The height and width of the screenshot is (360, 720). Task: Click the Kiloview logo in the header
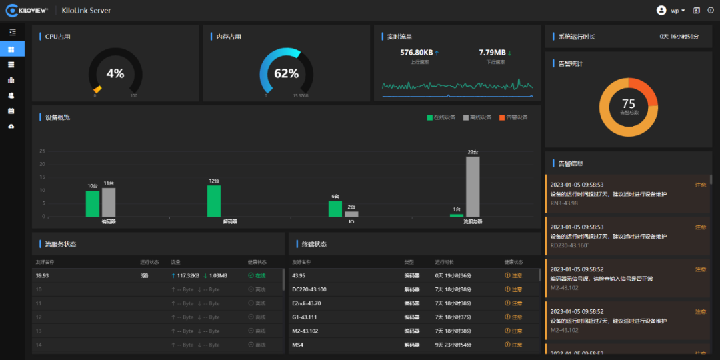[x=30, y=10]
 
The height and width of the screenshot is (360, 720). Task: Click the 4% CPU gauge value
[x=115, y=73]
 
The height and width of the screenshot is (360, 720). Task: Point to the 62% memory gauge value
[x=286, y=73]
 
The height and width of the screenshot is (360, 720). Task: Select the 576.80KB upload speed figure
[x=416, y=52]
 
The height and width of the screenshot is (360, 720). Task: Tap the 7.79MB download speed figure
[x=492, y=52]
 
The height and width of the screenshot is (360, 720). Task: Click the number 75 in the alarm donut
[x=628, y=103]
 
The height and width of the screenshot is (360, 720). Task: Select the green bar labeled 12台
[x=214, y=201]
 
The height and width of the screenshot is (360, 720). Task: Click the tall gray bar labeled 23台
[x=473, y=186]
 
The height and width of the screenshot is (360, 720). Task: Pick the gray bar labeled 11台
[x=109, y=202]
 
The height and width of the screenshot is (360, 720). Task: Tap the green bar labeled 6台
[x=335, y=209]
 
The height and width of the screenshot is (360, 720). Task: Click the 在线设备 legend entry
[x=441, y=117]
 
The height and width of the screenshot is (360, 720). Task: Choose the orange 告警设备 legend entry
[x=513, y=117]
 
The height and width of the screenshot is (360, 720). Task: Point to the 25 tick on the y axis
[x=42, y=151]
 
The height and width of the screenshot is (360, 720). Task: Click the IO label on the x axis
[x=351, y=221]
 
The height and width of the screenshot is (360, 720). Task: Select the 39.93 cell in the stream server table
[x=42, y=275]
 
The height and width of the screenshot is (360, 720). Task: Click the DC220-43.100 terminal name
[x=309, y=289]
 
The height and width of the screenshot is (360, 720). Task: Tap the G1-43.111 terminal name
[x=305, y=317]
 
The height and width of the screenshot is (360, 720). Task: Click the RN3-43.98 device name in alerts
[x=564, y=203]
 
